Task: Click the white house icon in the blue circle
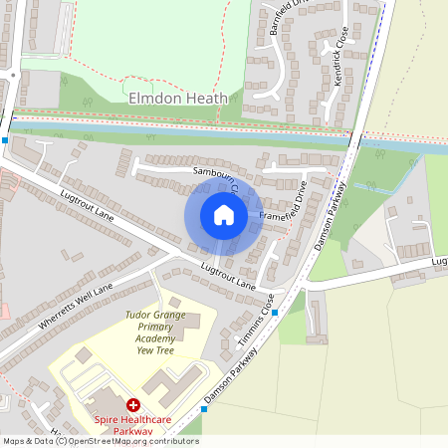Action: pos(224,215)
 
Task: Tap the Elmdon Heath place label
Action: pos(178,98)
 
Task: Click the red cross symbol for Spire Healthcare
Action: pos(132,405)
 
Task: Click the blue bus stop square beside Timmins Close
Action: pos(276,312)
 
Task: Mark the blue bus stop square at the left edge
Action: pos(5,140)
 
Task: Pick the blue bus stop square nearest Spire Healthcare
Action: pos(203,408)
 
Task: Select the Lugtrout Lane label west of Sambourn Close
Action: pos(87,207)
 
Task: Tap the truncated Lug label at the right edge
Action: pos(438,262)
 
